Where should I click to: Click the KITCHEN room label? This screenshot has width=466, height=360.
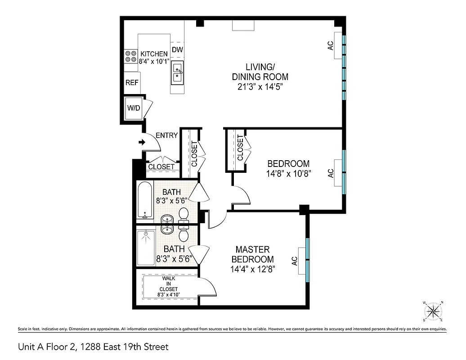pyautogui.click(x=154, y=54)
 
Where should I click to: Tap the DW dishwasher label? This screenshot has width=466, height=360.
pyautogui.click(x=177, y=49)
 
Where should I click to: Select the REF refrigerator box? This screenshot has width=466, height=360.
pyautogui.click(x=132, y=83)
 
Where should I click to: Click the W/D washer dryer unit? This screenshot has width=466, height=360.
pyautogui.click(x=134, y=108)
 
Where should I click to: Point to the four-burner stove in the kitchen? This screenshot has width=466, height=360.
pyautogui.click(x=131, y=56)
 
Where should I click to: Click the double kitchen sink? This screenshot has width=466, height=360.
pyautogui.click(x=178, y=73)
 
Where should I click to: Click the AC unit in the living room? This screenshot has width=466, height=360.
pyautogui.click(x=337, y=45)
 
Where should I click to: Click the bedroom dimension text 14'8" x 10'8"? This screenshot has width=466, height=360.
pyautogui.click(x=288, y=173)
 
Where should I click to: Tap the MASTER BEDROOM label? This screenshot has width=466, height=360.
pyautogui.click(x=252, y=254)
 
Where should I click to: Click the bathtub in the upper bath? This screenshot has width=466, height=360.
pyautogui.click(x=145, y=199)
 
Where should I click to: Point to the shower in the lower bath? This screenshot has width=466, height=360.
pyautogui.click(x=145, y=247)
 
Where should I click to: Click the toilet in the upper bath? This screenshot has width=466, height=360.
pyautogui.click(x=184, y=215)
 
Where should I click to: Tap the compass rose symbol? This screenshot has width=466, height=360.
pyautogui.click(x=434, y=311)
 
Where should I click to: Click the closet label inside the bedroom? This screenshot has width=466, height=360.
pyautogui.click(x=240, y=148)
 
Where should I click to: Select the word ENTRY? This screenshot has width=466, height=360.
pyautogui.click(x=166, y=135)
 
